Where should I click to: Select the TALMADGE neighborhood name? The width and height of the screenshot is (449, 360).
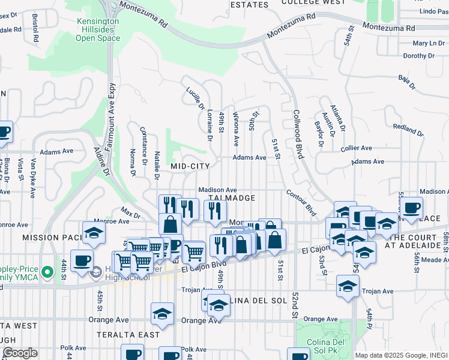[x=232, y=197]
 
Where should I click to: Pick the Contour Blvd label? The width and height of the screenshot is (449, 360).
[x=301, y=203]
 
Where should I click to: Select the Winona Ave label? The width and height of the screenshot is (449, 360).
[x=237, y=129]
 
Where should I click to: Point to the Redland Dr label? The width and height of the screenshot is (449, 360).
[x=408, y=127]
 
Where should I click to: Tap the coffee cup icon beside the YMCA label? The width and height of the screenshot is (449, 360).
[x=82, y=260]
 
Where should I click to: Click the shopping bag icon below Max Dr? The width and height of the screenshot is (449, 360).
[x=170, y=224]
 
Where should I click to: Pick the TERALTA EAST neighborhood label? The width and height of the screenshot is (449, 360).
[x=130, y=335]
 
